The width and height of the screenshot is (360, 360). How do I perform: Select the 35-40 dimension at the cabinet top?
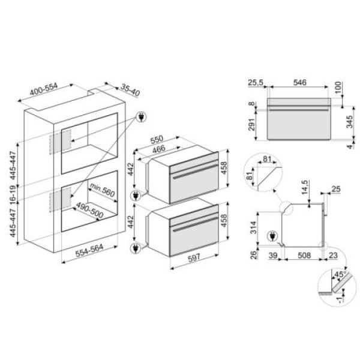point(128,91)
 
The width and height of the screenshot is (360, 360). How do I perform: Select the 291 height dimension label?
point(253,124)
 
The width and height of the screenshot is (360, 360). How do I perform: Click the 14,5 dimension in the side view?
point(304,182)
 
